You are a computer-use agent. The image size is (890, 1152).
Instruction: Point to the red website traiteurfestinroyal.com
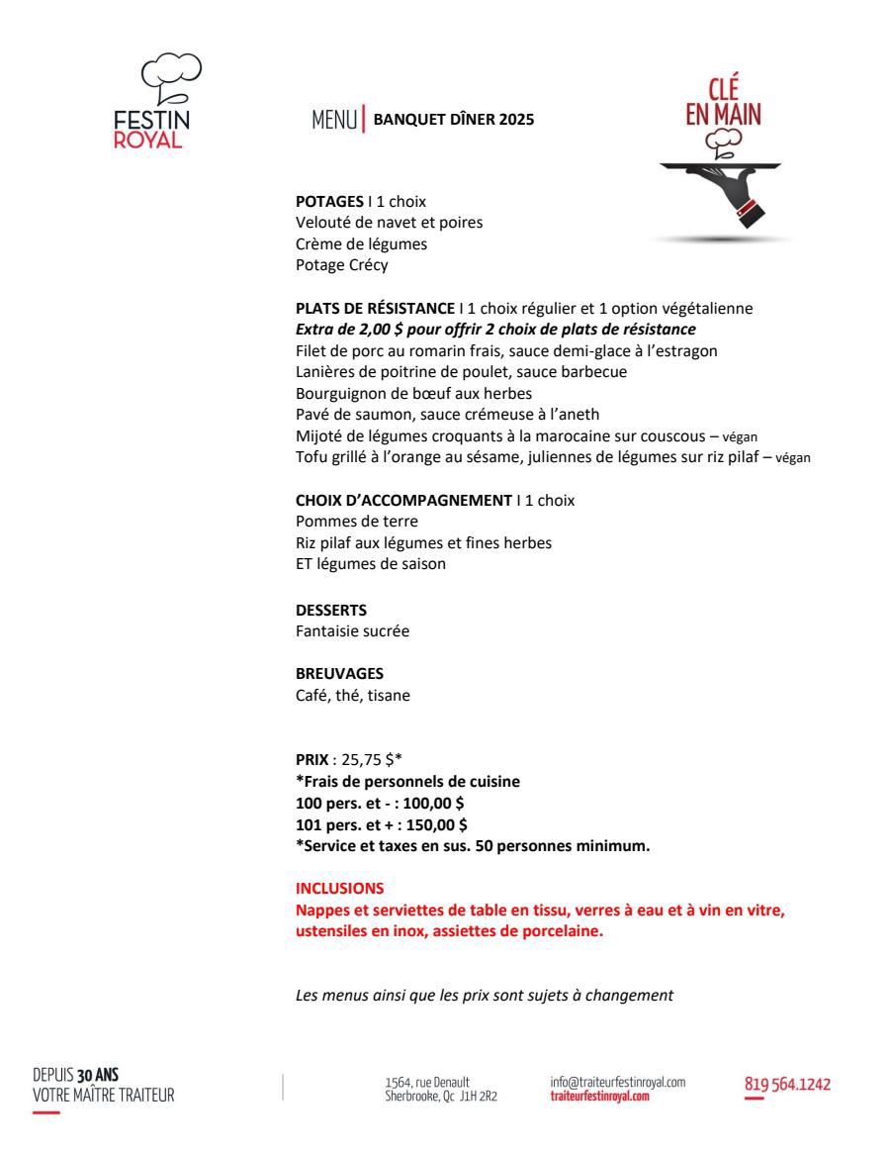(x=600, y=1095)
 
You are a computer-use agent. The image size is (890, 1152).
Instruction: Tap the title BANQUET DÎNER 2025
(x=453, y=121)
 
